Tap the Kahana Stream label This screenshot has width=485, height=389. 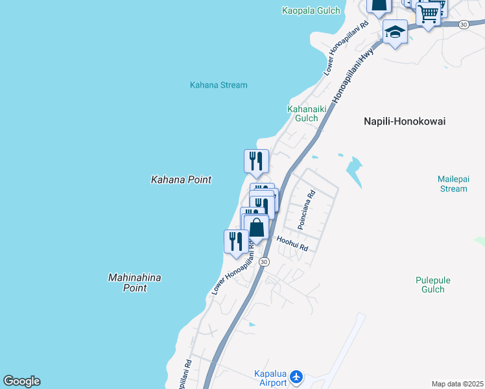coord(219,85)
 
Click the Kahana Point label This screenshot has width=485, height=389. coord(181,180)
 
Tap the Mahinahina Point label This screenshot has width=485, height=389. coord(134,283)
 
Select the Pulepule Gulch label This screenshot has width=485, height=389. coord(433,285)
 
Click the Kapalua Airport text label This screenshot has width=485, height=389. coord(269,379)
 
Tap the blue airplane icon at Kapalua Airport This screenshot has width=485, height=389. coord(297,376)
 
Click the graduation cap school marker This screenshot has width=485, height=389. coord(395,31)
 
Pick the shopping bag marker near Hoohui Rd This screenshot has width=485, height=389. coord(257,228)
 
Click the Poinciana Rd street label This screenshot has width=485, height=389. coord(306,209)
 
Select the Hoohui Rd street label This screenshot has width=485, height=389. coord(292,244)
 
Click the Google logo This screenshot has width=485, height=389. coord(21,381)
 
